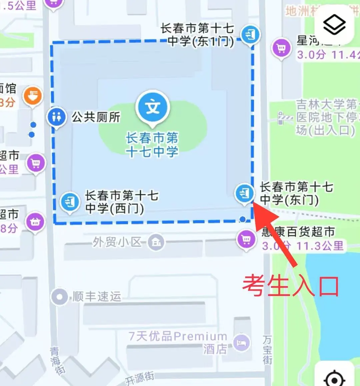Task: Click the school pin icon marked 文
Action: point(153,107)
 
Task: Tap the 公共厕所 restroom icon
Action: point(56,117)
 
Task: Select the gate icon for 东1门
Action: point(250,34)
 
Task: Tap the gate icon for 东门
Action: point(244,193)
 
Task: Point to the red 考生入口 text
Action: point(290,286)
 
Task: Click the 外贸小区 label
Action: point(117,242)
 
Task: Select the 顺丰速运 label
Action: point(97,296)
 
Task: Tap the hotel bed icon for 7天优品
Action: point(241,343)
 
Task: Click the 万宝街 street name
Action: point(267,350)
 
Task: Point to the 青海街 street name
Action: point(56,360)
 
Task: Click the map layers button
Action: point(334,25)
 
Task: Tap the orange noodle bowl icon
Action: point(33,96)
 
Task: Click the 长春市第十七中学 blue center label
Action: point(152,145)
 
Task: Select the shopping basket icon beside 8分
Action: point(35,221)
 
